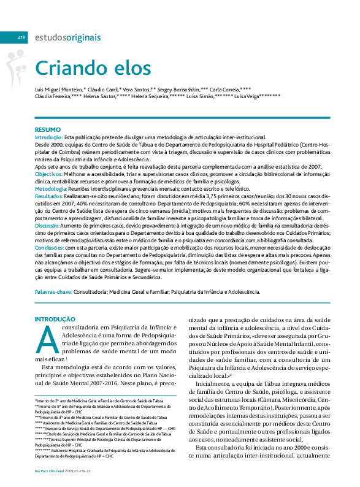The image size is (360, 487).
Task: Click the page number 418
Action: [x=21, y=38]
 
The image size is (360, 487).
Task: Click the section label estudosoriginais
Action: [x=67, y=38]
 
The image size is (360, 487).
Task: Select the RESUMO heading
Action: [x=48, y=129]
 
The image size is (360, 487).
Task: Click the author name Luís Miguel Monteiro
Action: [x=58, y=89]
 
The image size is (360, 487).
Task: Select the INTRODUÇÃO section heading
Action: [x=55, y=320]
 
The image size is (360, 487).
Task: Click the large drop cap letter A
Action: [x=47, y=339]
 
